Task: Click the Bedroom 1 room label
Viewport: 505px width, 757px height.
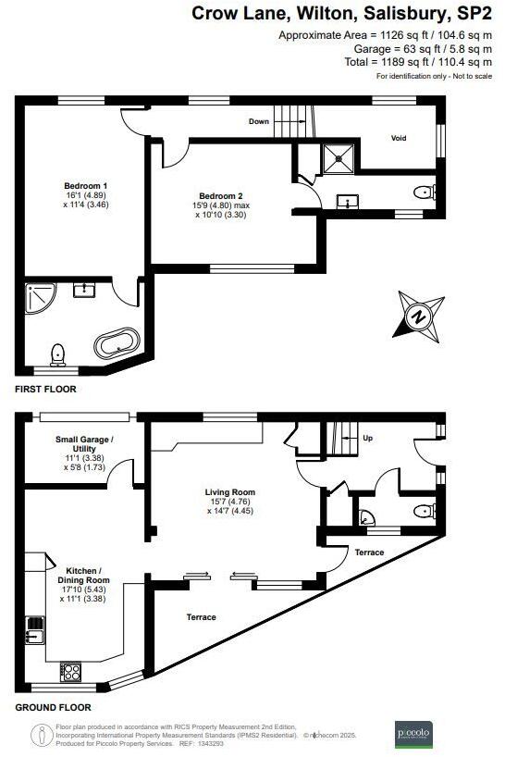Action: coord(79,185)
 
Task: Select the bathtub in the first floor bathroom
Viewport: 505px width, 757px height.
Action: coord(117,346)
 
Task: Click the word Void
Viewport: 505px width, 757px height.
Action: coord(399,138)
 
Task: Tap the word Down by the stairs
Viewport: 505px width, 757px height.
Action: coord(259,121)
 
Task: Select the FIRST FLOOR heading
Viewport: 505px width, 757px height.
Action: coord(45,390)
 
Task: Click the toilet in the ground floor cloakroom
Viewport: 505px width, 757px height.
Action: coord(425,509)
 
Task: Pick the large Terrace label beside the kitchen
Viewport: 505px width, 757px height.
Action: coord(201,617)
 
